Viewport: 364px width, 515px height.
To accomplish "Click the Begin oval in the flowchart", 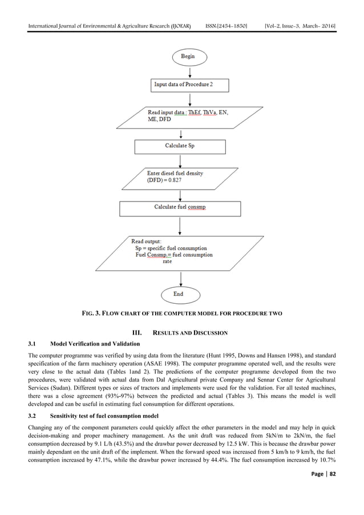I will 187,57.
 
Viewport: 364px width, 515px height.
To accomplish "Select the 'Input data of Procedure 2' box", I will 189,85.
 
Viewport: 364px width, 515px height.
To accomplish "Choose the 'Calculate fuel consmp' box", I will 179,207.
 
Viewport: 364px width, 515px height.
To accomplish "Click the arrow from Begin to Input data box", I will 187,71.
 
